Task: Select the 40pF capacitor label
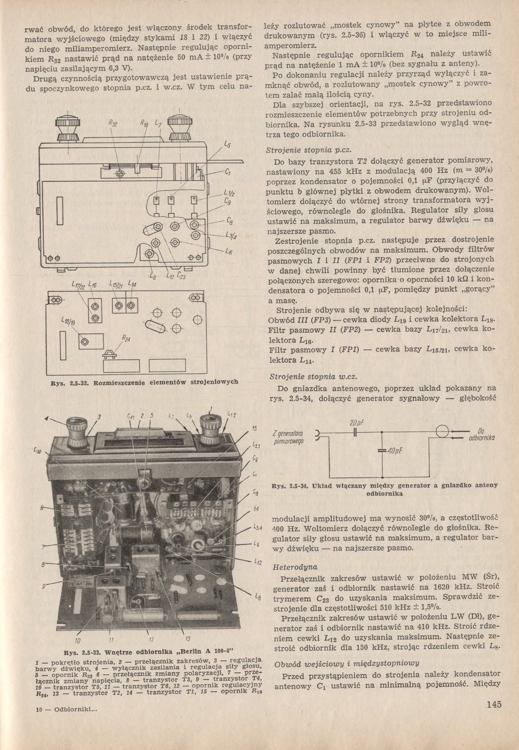394,451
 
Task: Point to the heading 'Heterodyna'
295,568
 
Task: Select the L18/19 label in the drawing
68,323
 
